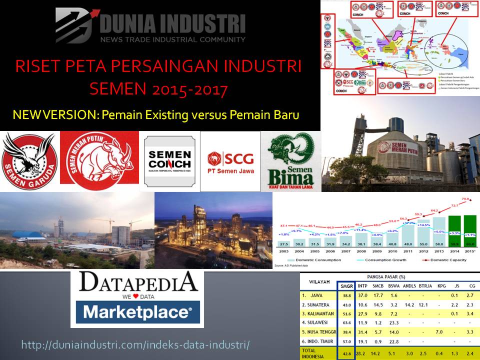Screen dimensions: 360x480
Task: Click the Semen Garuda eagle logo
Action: (x=29, y=161)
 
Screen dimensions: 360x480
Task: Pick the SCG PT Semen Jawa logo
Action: (x=230, y=162)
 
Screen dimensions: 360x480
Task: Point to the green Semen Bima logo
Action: (x=290, y=160)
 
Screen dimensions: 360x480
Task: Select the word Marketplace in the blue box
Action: (x=137, y=312)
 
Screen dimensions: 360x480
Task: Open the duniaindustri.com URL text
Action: (x=135, y=345)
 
